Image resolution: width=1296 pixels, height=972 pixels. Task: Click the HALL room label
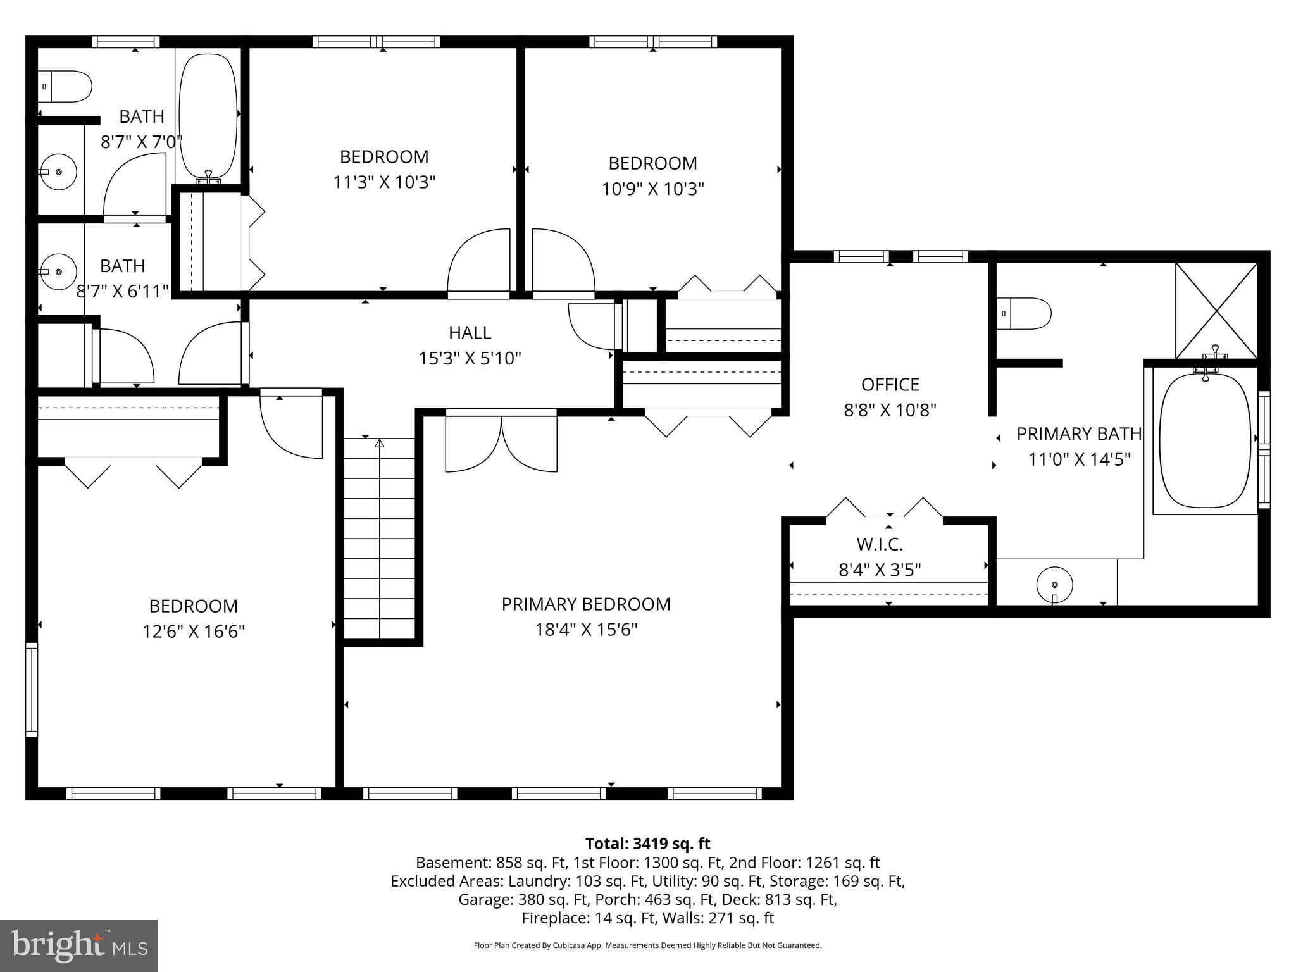click(470, 333)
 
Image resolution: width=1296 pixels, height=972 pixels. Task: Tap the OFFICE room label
click(890, 385)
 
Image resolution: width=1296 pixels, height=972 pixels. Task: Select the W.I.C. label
click(880, 544)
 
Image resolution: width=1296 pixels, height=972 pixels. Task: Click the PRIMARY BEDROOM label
click(586, 604)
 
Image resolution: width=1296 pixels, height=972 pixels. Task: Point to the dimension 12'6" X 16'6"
click(194, 632)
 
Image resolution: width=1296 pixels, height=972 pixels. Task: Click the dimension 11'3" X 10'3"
click(384, 183)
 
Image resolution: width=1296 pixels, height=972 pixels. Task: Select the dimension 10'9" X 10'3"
click(652, 189)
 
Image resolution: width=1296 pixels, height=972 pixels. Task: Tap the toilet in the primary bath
click(1023, 314)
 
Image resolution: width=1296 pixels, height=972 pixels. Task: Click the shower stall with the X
click(1216, 310)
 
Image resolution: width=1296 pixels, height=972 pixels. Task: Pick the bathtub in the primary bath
click(1205, 441)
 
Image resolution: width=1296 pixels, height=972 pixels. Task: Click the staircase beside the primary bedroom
click(379, 538)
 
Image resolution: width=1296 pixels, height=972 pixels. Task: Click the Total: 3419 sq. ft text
click(647, 844)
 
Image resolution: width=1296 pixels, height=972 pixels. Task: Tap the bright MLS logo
click(79, 945)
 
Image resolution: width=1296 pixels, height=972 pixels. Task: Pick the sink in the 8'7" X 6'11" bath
click(58, 271)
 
